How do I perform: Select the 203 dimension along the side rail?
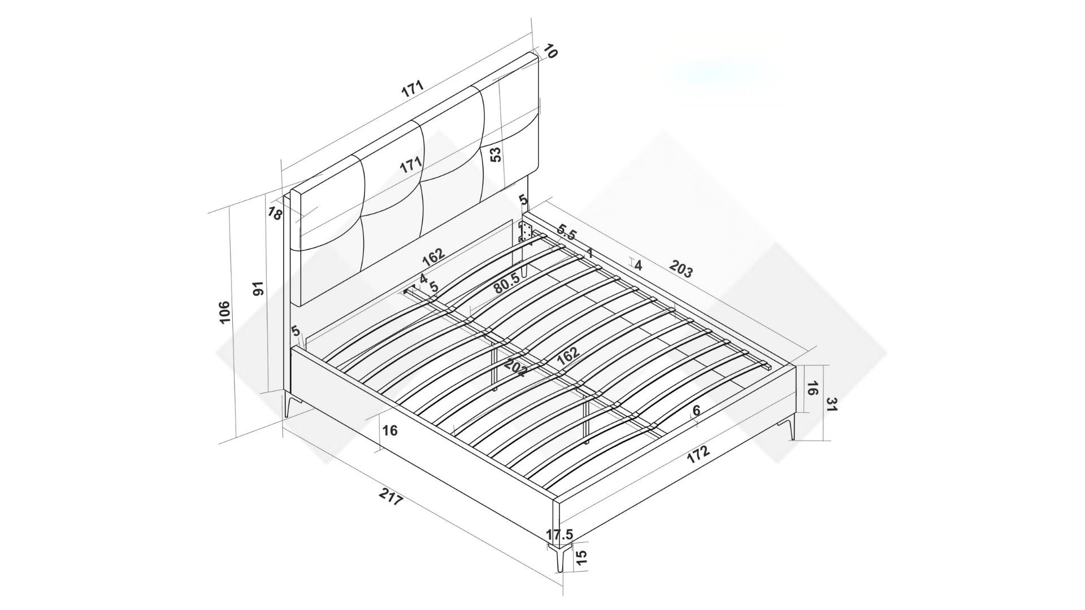pyautogui.click(x=681, y=268)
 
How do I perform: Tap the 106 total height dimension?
pyautogui.click(x=224, y=312)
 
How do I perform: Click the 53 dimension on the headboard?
pyautogui.click(x=496, y=154)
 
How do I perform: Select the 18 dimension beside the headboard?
pyautogui.click(x=275, y=213)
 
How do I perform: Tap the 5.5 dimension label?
pyautogui.click(x=566, y=232)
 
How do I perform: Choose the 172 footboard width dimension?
pyautogui.click(x=698, y=455)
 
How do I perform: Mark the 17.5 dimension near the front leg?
pyautogui.click(x=560, y=534)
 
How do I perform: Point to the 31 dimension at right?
pyautogui.click(x=831, y=404)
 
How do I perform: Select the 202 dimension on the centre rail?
pyautogui.click(x=515, y=367)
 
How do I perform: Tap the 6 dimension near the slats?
pyautogui.click(x=696, y=411)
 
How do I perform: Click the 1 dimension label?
pyautogui.click(x=590, y=253)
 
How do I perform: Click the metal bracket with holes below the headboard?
pyautogui.click(x=526, y=232)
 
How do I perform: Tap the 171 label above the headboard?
pyautogui.click(x=413, y=89)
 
